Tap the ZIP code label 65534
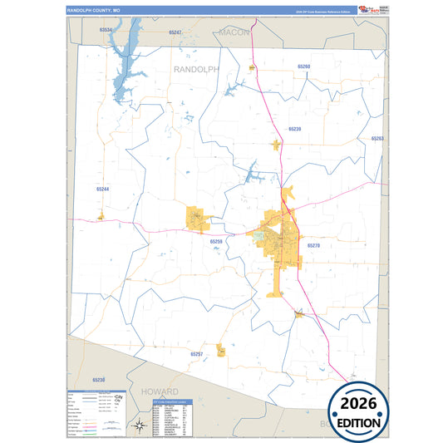(x=105, y=29)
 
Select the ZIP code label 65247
(x=175, y=32)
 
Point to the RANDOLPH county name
(x=196, y=70)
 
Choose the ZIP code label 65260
(x=303, y=66)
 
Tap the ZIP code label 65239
(x=294, y=129)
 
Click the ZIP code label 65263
(x=377, y=139)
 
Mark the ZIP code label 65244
(x=102, y=190)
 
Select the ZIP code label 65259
(x=216, y=241)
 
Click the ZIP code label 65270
(x=313, y=246)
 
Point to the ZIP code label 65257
(x=196, y=354)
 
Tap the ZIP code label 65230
(x=99, y=380)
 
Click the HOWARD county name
(x=160, y=391)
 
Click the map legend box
(x=96, y=412)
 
